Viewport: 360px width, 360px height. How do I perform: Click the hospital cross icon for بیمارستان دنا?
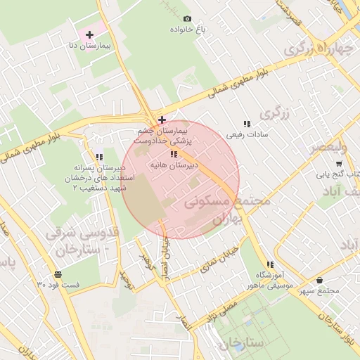[x=90, y=34]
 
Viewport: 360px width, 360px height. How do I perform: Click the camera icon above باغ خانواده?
[x=187, y=19]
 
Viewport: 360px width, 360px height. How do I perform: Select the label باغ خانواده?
[x=187, y=30]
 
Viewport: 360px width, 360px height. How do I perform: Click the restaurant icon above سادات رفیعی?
[x=246, y=124]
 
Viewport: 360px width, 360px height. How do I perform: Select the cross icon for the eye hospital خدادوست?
[x=162, y=120]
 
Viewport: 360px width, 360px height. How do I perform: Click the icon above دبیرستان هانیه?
[x=174, y=154]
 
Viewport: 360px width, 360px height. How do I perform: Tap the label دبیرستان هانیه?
[x=174, y=165]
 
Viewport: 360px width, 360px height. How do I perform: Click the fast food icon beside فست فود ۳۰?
[x=57, y=274]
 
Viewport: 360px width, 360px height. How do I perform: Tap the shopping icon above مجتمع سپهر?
[x=320, y=280]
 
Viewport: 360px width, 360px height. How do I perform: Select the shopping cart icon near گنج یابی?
[x=339, y=164]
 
